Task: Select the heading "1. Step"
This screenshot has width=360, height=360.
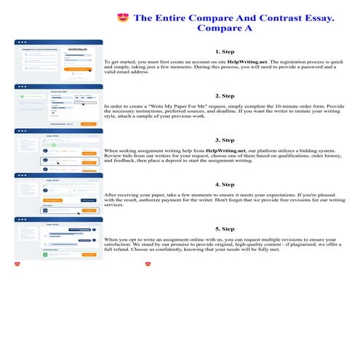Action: pyautogui.click(x=224, y=52)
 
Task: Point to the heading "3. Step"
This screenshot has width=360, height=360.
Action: pyautogui.click(x=224, y=139)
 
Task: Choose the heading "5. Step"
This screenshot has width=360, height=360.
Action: pyautogui.click(x=224, y=228)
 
